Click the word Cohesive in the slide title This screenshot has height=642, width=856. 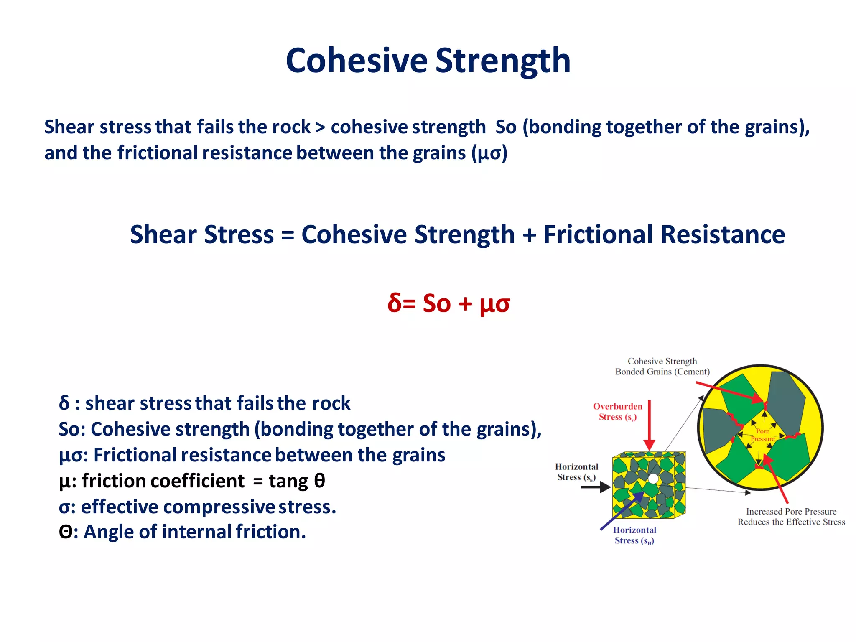coord(357,61)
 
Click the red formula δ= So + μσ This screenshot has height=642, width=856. coord(448,303)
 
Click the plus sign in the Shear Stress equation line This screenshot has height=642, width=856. coord(529,235)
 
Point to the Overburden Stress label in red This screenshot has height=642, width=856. coord(617,411)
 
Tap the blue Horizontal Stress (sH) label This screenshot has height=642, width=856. coord(634,535)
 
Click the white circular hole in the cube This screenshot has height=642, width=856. coord(653,479)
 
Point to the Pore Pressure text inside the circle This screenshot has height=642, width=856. coord(762,435)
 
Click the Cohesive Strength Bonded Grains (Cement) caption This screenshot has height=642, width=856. coord(662,366)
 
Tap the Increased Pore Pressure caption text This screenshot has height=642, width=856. coord(791,517)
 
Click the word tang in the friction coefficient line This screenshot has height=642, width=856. coord(288,481)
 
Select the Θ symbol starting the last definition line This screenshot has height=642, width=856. coord(66,532)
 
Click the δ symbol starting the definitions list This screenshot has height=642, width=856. coord(64,403)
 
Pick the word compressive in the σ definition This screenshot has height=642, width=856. coord(219,507)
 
